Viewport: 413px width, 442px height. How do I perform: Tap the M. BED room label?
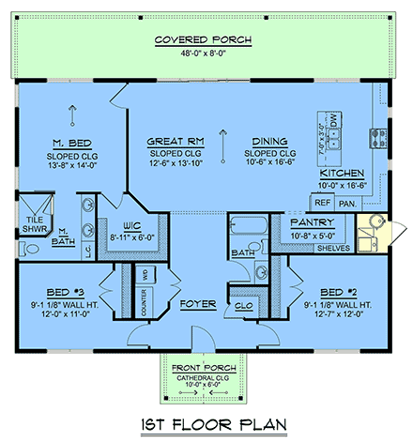tap(69, 142)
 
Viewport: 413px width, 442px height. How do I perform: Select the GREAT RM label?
tap(170, 142)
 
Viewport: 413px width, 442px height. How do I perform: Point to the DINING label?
tap(268, 142)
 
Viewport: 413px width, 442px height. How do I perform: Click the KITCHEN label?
tap(343, 175)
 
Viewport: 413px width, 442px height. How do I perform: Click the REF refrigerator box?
tap(323, 202)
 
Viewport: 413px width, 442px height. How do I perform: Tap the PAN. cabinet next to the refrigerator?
tap(346, 202)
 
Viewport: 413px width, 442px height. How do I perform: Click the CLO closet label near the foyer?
tap(242, 306)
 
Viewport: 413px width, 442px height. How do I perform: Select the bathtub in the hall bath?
tap(249, 226)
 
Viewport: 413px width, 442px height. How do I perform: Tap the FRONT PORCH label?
tap(205, 368)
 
